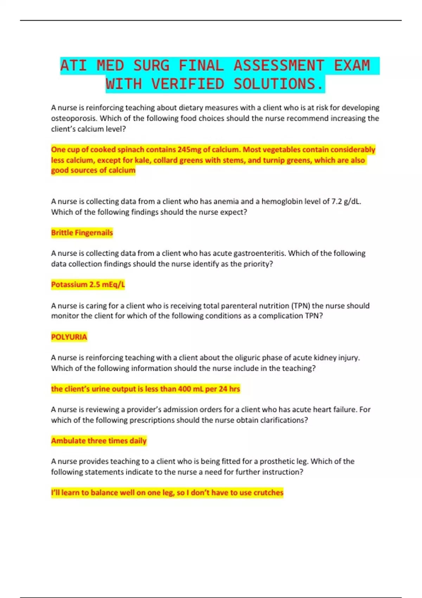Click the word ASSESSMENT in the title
pyautogui.click(x=279, y=66)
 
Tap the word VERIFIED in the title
pyautogui.click(x=188, y=84)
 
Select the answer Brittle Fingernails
pyautogui.click(x=82, y=233)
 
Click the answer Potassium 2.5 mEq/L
pyautogui.click(x=88, y=284)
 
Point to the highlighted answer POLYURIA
pyautogui.click(x=69, y=337)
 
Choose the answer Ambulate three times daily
pyautogui.click(x=99, y=440)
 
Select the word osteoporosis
pyautogui.click(x=73, y=118)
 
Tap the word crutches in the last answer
pyautogui.click(x=268, y=492)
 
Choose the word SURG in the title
pyautogui.click(x=151, y=66)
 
